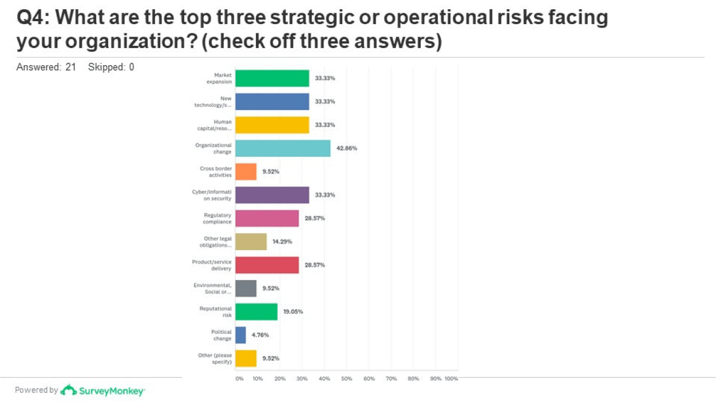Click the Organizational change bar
283,148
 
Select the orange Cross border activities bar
246,172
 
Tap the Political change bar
240,335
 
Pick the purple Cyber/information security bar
272,195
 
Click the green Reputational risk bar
256,312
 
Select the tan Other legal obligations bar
251,242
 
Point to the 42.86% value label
347,148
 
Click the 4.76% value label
260,335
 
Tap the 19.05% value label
293,312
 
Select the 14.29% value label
282,242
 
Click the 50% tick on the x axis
346,379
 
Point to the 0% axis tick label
239,379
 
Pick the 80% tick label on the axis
413,379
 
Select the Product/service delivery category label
212,265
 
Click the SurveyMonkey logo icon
69,390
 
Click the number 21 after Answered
70,67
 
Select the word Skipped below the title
106,67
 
